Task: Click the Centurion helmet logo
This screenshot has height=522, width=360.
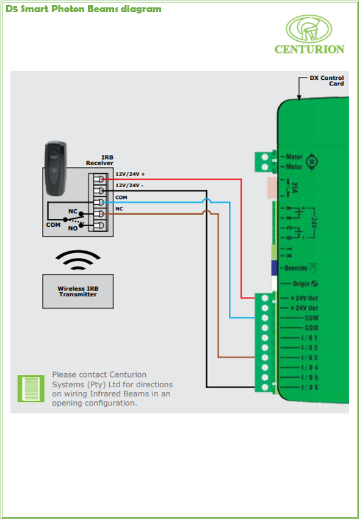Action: [x=309, y=29]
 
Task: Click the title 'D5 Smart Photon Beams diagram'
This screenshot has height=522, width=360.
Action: [x=84, y=9]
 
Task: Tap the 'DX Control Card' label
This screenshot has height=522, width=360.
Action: [x=326, y=80]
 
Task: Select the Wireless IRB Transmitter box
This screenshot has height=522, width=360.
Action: [x=78, y=291]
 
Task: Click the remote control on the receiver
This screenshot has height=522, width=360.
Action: [x=56, y=169]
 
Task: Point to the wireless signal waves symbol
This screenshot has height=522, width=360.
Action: [x=78, y=260]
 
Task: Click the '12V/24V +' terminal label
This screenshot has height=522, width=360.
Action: [x=130, y=174]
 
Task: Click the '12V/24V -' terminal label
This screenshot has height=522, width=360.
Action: [x=129, y=185]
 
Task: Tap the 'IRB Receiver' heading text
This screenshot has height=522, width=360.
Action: [x=99, y=160]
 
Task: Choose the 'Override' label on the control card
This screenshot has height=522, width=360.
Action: [x=296, y=268]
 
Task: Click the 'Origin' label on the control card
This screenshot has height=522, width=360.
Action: [x=301, y=284]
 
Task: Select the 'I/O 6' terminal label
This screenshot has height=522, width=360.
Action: [x=309, y=387]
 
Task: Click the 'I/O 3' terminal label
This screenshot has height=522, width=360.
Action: [x=309, y=357]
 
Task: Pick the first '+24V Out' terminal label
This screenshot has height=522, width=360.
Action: [x=304, y=298]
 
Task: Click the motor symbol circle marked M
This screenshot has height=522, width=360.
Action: [x=312, y=162]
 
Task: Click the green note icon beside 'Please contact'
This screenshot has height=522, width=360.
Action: [x=31, y=388]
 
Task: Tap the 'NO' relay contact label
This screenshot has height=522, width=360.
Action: [x=73, y=228]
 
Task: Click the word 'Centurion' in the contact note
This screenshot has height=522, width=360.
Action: [x=128, y=375]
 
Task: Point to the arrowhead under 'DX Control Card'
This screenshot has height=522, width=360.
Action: [x=299, y=98]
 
